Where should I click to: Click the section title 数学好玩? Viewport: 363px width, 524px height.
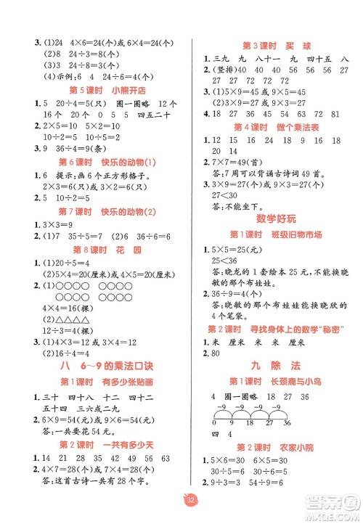click(274, 218)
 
